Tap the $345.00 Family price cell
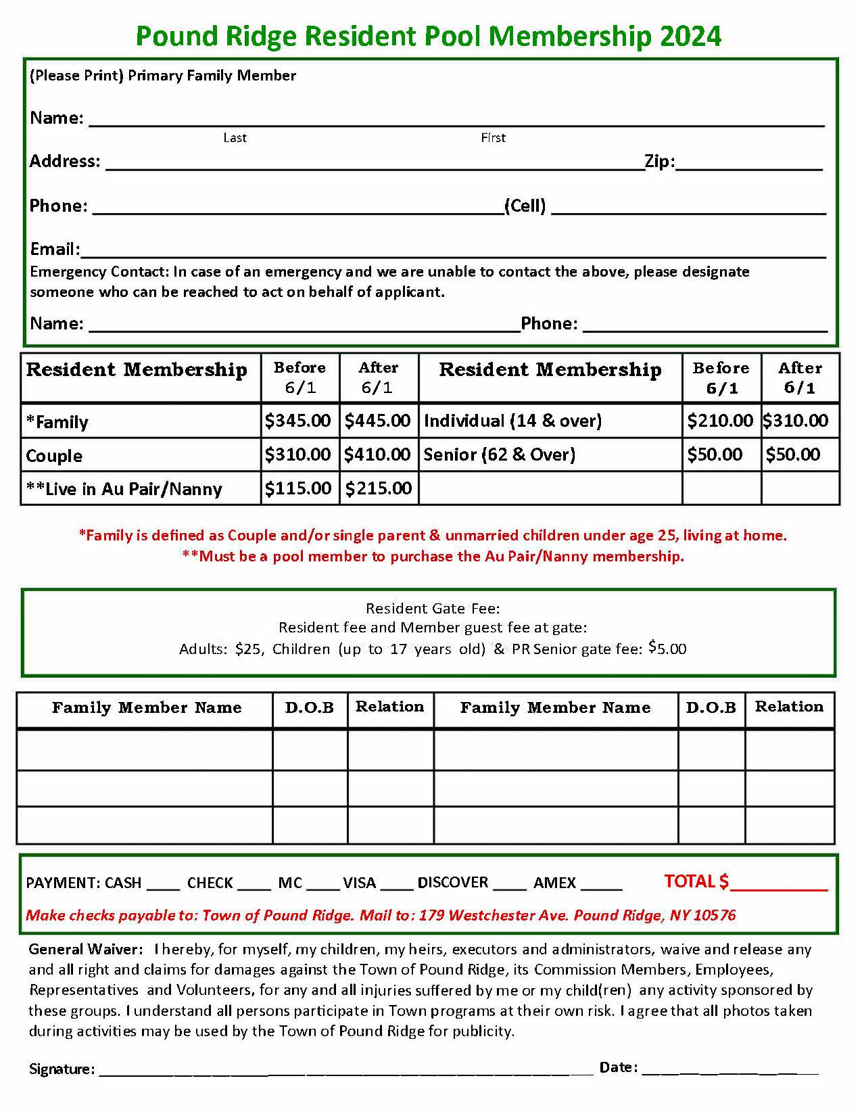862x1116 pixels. pyautogui.click(x=297, y=421)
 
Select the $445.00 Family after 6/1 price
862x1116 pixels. pyautogui.click(x=377, y=421)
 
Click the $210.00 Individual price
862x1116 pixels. pyautogui.click(x=719, y=421)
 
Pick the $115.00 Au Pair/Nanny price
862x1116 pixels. pyautogui.click(x=297, y=488)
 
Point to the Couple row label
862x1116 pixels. pyautogui.click(x=54, y=456)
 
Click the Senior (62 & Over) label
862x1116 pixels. pyautogui.click(x=499, y=455)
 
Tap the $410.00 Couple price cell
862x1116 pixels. pyautogui.click(x=377, y=455)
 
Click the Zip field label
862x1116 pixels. pyautogui.click(x=659, y=161)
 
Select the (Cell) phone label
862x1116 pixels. pyautogui.click(x=525, y=206)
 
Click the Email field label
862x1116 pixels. pyautogui.click(x=54, y=249)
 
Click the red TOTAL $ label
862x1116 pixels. pyautogui.click(x=696, y=881)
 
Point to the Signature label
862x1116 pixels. pyautogui.click(x=62, y=1069)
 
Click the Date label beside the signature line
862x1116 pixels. pyautogui.click(x=618, y=1067)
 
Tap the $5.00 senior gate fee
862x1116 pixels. pyautogui.click(x=667, y=649)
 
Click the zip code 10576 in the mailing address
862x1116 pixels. pyautogui.click(x=715, y=916)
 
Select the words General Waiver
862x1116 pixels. pyautogui.click(x=85, y=950)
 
